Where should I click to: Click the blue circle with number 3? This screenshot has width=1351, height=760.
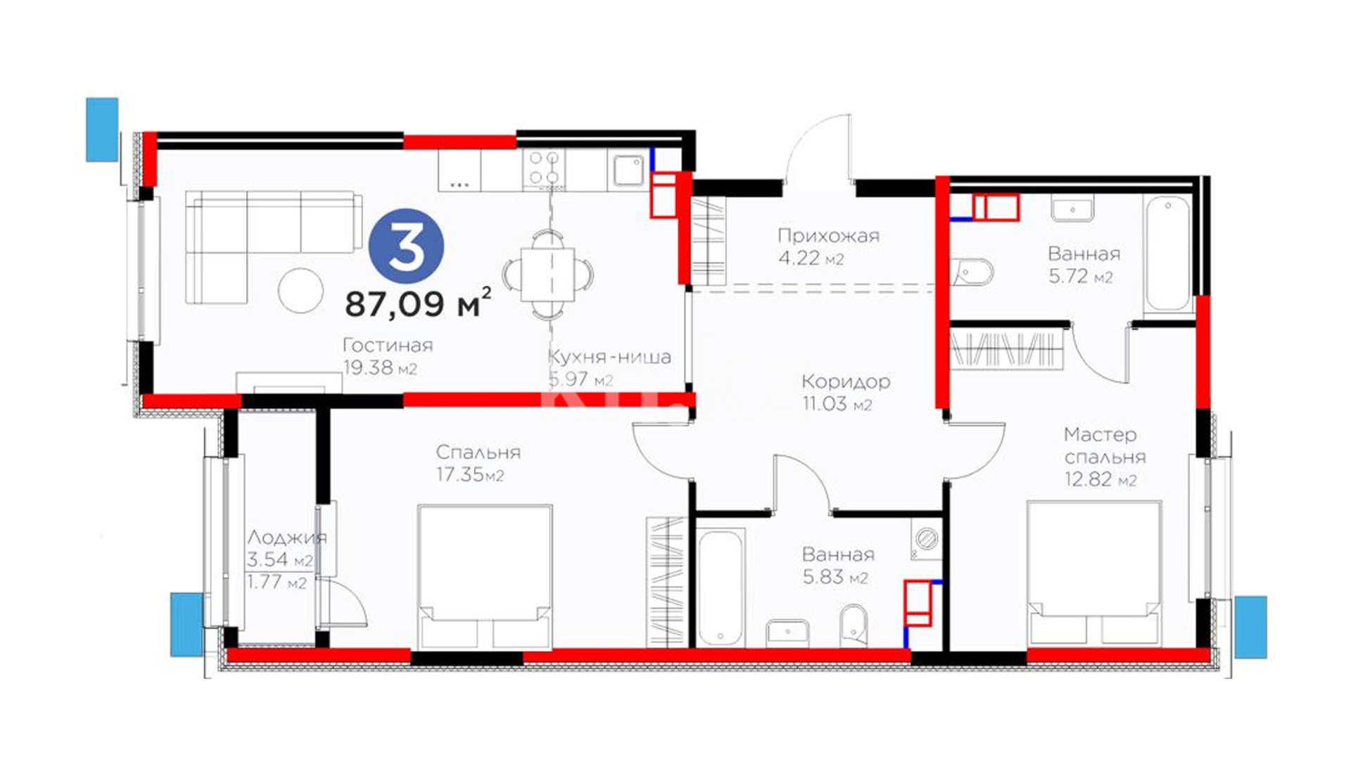pos(407,246)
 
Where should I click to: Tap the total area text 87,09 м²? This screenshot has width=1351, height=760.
pos(417,303)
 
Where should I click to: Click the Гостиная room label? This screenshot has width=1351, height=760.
pos(387,346)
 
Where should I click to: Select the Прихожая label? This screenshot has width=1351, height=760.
pos(828,236)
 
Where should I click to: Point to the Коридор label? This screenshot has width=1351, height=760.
pos(846,381)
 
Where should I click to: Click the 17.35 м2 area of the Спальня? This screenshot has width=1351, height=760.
pos(470,474)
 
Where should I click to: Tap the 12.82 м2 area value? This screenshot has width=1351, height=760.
pos(1100,479)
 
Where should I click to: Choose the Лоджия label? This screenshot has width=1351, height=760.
pos(286,538)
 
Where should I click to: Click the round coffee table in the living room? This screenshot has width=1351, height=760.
pos(300,290)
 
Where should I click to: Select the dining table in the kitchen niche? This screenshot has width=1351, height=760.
pos(548,274)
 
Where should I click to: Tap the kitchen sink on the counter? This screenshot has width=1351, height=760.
pos(628,170)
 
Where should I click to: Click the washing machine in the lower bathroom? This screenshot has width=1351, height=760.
pos(926,540)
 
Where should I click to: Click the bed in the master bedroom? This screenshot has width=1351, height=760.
pos(1093,573)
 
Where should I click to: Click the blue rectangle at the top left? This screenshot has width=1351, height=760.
pos(102,129)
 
